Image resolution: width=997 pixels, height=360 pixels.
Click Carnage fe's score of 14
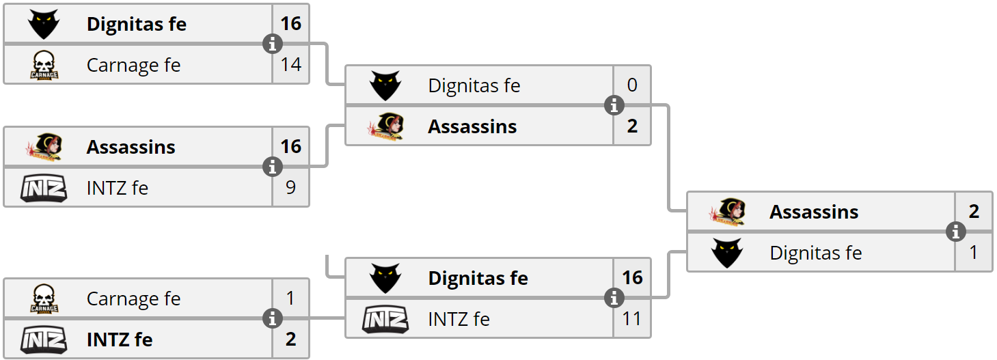290,65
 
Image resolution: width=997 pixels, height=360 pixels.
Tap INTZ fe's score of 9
290,187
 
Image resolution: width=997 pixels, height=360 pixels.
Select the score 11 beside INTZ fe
632,318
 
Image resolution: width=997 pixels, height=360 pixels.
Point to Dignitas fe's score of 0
632,85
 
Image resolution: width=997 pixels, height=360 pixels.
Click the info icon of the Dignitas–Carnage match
273,44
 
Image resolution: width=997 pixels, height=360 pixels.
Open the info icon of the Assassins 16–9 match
273,167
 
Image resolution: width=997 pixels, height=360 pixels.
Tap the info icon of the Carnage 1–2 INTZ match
273,318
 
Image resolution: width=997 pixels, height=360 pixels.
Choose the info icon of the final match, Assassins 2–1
955,232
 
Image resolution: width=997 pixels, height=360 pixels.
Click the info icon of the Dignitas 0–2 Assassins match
614,106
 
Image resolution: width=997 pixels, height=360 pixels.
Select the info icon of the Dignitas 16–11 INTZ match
614,298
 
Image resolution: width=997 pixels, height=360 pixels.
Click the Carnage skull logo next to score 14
44,66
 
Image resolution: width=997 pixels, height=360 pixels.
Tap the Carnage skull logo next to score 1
44,299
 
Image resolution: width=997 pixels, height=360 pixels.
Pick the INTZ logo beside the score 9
44,188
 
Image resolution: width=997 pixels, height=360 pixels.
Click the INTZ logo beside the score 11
385,319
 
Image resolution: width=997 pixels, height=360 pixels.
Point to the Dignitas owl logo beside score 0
385,86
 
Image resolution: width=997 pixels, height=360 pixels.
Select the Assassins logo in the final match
727,212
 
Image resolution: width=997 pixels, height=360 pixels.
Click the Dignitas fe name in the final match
815,253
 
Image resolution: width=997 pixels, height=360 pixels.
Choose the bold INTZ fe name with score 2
120,340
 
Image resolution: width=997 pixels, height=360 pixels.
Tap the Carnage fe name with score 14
133,65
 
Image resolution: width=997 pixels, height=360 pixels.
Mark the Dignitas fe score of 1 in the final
974,253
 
